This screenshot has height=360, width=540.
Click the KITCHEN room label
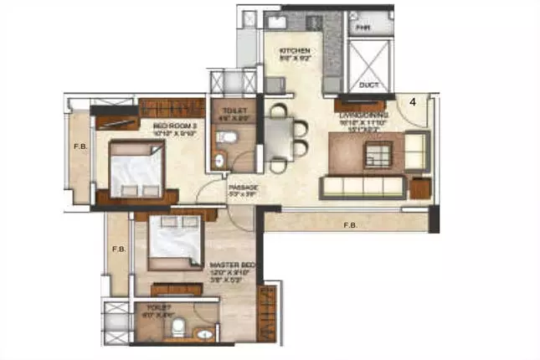click(296, 51)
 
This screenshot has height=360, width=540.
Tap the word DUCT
click(366, 85)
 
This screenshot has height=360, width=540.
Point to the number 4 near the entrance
click(413, 101)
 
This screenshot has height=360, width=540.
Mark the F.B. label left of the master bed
click(119, 249)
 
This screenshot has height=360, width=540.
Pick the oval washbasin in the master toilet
click(204, 333)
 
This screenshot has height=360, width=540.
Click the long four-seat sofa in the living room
click(363, 186)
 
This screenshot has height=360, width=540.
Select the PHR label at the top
click(363, 28)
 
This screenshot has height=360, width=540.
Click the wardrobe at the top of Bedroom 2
click(172, 108)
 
